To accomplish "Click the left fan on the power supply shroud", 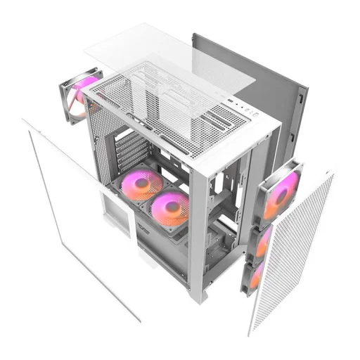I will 141,185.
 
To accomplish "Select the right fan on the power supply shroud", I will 171,210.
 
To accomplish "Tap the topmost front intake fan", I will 281,191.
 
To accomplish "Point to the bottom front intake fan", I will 256,275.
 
